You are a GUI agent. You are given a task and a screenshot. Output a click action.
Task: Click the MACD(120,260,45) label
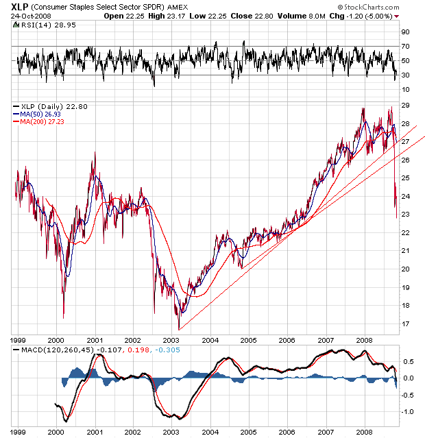click(x=55, y=351)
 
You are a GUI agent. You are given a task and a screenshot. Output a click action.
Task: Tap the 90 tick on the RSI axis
click(x=406, y=32)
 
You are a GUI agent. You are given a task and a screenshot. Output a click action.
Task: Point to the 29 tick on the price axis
click(x=406, y=106)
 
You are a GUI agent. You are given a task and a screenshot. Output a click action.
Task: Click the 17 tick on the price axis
click(x=406, y=324)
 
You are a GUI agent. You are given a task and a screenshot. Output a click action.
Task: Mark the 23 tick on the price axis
click(x=406, y=215)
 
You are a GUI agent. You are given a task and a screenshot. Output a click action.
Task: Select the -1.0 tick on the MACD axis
click(x=406, y=412)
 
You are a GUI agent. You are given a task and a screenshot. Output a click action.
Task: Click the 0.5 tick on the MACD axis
click(x=406, y=362)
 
